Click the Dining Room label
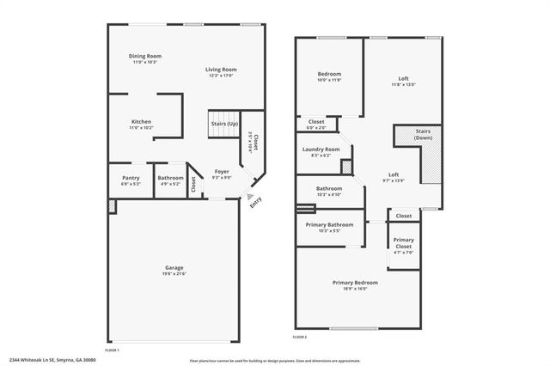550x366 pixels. click(x=145, y=57)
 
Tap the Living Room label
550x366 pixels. click(x=221, y=70)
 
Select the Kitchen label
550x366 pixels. click(x=141, y=122)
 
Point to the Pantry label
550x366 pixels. click(x=130, y=179)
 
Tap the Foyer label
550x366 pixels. click(x=222, y=171)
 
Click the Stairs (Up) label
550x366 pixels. click(x=224, y=124)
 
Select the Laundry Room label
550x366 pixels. click(x=321, y=150)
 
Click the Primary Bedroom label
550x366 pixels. click(x=355, y=283)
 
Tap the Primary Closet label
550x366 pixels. click(x=403, y=243)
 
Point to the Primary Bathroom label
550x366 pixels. click(x=330, y=225)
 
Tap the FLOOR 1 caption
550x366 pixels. click(x=112, y=350)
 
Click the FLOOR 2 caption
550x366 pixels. click(x=299, y=338)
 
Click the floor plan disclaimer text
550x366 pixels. click(x=275, y=361)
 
